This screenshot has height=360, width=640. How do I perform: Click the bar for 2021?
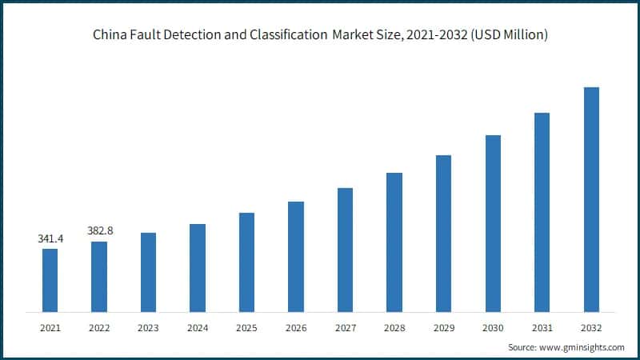tap(50, 280)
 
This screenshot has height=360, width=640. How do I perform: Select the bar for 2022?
tap(99, 276)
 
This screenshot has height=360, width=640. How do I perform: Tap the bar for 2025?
tap(246, 262)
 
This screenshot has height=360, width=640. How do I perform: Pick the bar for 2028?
tap(394, 242)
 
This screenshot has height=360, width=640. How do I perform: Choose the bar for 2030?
tap(493, 223)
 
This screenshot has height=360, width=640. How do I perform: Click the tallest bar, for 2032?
tap(591, 199)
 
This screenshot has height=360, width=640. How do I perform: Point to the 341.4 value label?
tap(50, 238)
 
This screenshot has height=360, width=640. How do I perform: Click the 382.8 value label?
tap(100, 230)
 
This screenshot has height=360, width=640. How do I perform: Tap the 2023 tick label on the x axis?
tap(148, 327)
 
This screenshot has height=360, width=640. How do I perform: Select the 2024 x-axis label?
tap(198, 327)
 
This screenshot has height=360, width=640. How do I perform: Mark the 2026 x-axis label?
tap(296, 327)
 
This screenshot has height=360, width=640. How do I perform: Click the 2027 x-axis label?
tap(345, 327)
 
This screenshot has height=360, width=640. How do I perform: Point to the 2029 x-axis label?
tap(443, 327)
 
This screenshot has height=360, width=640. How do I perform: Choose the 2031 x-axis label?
tap(542, 327)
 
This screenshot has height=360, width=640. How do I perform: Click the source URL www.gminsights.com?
tap(582, 347)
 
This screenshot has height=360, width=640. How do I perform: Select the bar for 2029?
tap(443, 233)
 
